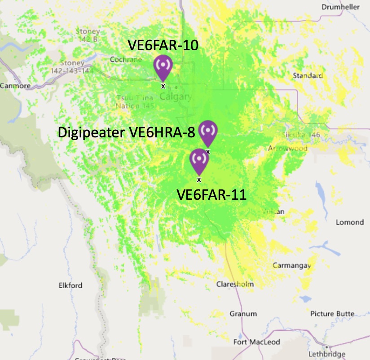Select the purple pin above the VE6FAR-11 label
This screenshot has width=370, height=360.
199,160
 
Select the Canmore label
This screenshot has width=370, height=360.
15,86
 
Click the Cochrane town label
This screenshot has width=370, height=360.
126,60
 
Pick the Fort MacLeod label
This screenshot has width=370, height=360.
256,342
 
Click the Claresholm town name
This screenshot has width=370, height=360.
235,284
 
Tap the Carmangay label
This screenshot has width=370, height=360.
292,266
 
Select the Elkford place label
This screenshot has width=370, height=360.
70,285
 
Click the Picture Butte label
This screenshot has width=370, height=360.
332,313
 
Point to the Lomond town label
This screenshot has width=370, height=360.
350,222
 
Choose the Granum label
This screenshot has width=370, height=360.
243,314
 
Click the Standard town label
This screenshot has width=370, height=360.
308,75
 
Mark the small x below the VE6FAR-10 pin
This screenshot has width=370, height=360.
163,85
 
